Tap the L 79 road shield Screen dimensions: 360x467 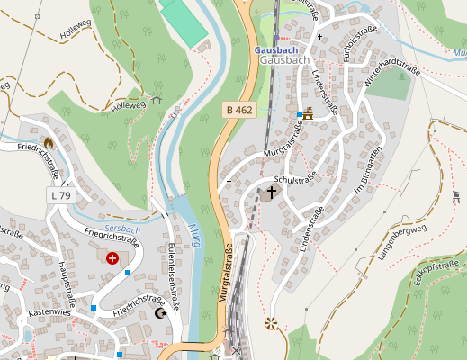[59, 195]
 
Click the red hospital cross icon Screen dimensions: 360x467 [112, 258]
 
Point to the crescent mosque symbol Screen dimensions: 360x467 [161, 314]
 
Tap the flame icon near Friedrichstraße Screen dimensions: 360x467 [48, 142]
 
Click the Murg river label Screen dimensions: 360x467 [194, 237]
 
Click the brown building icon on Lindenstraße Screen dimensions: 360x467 [309, 113]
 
